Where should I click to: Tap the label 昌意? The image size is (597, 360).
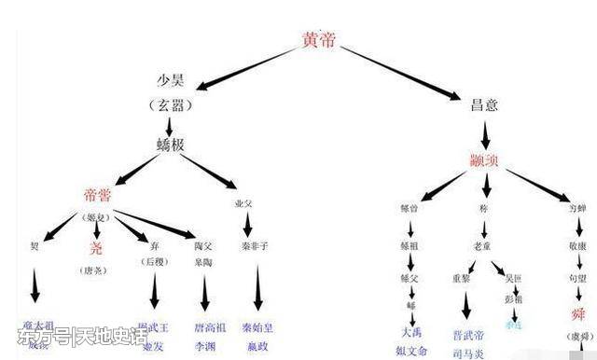pyautogui.click(x=482, y=105)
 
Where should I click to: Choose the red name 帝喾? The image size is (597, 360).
pyautogui.click(x=100, y=195)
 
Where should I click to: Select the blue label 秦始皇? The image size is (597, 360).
pyautogui.click(x=252, y=327)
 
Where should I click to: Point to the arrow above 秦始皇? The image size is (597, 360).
pyautogui.click(x=251, y=289)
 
